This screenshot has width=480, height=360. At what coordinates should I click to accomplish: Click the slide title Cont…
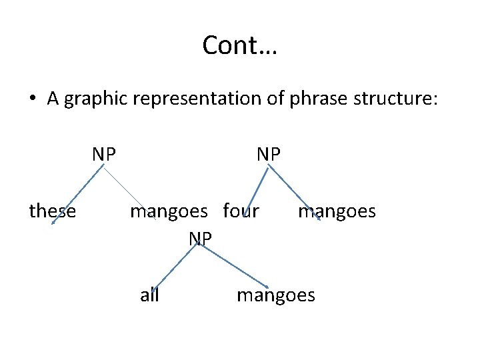(240, 46)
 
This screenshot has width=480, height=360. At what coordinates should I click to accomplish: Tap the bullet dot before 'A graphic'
(32, 99)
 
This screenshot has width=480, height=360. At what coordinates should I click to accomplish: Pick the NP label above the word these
(104, 154)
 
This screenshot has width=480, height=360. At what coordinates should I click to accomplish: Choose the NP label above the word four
(269, 154)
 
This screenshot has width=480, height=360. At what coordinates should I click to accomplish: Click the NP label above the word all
(200, 237)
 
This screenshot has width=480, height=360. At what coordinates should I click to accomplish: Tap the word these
(53, 211)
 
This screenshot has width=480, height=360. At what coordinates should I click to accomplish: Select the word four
(241, 211)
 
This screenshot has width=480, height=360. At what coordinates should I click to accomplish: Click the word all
(149, 295)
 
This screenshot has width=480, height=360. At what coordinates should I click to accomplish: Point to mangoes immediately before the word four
(169, 212)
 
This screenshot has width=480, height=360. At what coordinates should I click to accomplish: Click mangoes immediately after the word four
(337, 212)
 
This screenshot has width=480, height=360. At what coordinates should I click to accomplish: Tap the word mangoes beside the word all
(276, 295)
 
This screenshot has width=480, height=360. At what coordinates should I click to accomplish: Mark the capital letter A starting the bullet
(54, 99)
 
